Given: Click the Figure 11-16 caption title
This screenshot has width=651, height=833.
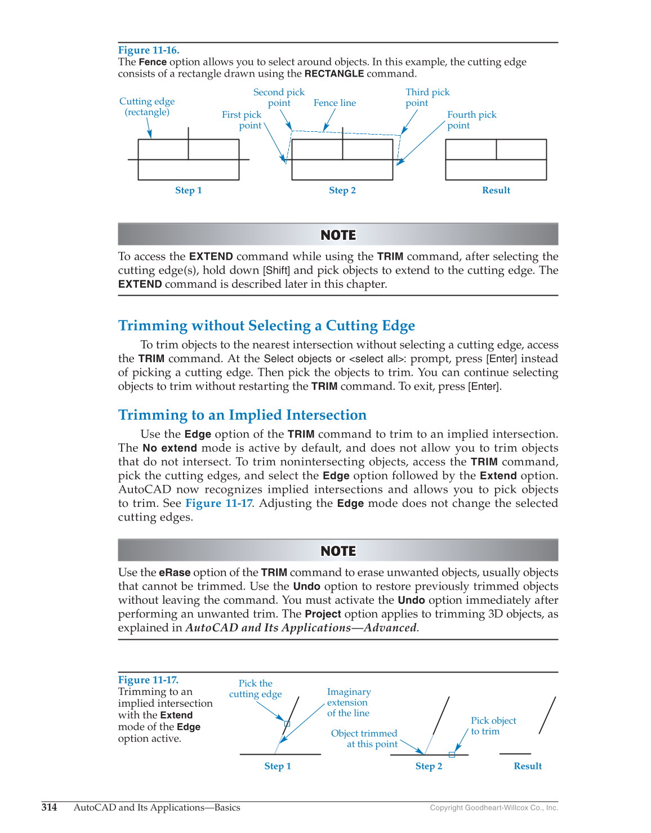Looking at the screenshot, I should click(x=149, y=50).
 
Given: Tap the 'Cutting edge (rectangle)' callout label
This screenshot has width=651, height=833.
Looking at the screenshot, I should click(x=147, y=106).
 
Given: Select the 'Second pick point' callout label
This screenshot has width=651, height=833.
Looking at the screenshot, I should click(x=279, y=97).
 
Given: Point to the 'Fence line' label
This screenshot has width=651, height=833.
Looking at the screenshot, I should click(x=335, y=103).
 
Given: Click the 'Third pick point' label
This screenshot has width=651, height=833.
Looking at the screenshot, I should click(x=427, y=97).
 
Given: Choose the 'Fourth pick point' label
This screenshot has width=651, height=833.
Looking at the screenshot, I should click(x=471, y=120).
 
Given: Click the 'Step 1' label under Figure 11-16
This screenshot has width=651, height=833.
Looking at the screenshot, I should click(x=188, y=190).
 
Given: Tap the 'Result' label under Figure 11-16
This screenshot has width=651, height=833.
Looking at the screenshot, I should click(x=496, y=190).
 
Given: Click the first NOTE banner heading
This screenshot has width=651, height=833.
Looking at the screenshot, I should click(x=338, y=235).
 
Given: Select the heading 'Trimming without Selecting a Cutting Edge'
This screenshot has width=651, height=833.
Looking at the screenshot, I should click(x=266, y=326).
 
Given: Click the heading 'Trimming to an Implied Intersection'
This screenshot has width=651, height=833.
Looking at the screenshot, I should click(x=242, y=415).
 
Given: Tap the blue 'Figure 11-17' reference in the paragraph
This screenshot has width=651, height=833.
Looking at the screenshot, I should click(x=219, y=504).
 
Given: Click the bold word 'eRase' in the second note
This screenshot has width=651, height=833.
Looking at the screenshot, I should click(x=175, y=573).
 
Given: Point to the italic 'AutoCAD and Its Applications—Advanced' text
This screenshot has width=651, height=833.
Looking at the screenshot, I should click(x=301, y=628).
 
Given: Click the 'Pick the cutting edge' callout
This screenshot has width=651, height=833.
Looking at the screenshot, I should click(x=255, y=689).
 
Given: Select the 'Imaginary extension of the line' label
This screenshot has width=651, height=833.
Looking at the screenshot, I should click(x=349, y=702).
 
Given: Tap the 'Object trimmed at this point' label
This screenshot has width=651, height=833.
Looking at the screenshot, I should click(x=364, y=738).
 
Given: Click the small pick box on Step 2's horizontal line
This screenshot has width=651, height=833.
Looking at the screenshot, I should click(x=452, y=754).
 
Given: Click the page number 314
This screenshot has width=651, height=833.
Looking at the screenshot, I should click(x=49, y=808).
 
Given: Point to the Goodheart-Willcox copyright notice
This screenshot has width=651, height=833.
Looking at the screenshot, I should click(x=494, y=808).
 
